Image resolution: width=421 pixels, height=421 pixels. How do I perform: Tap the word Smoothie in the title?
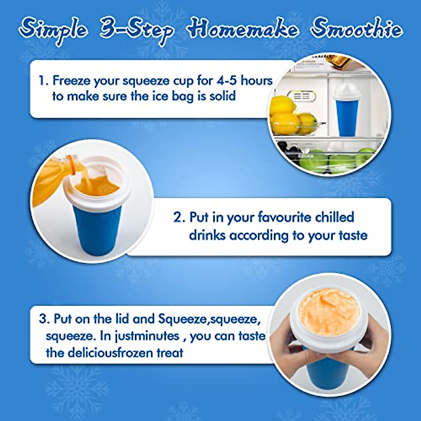point(356,29)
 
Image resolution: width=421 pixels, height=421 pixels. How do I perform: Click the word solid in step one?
point(222,96)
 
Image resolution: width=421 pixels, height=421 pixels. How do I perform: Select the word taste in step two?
point(353,235)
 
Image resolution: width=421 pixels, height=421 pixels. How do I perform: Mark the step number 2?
point(179,218)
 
